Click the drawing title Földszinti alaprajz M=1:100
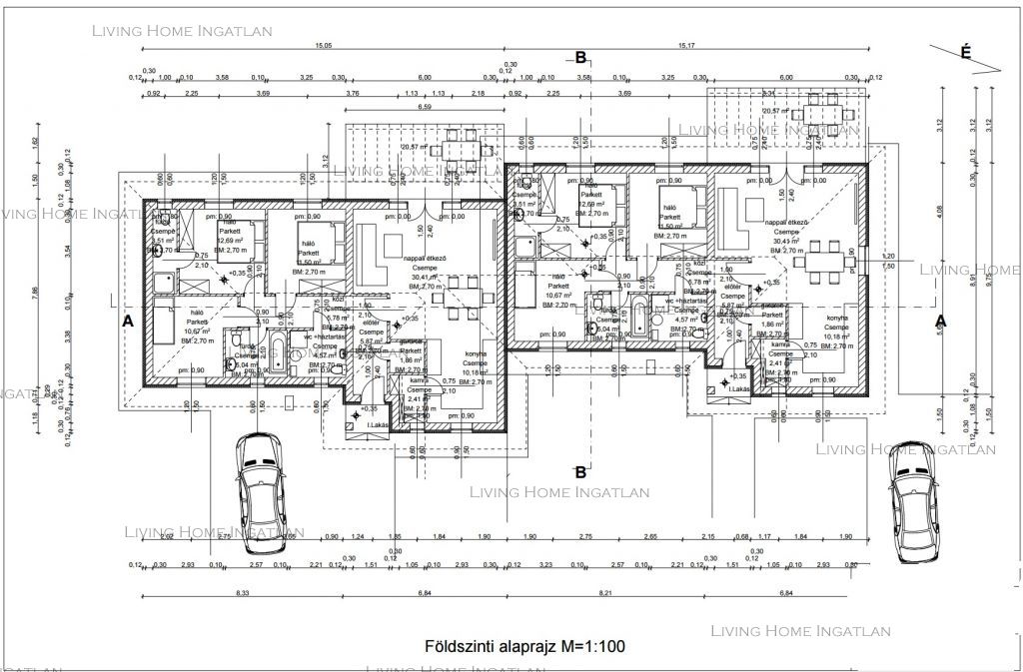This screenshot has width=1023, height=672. [x=524, y=646]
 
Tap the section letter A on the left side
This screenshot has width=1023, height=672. [x=127, y=322]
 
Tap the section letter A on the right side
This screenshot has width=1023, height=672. [x=939, y=322]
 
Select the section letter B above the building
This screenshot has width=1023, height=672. [x=580, y=58]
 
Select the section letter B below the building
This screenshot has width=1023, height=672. [x=580, y=471]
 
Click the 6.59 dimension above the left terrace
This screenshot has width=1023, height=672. [x=425, y=106]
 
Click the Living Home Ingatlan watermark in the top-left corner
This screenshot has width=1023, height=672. [x=182, y=30]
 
